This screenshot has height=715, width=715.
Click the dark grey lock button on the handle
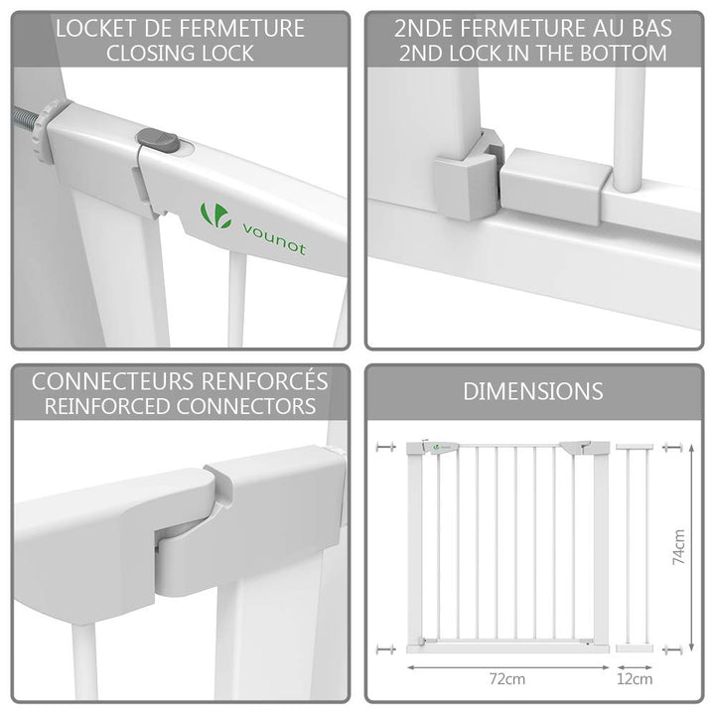[x=158, y=140]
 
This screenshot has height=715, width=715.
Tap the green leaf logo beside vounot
[x=215, y=215]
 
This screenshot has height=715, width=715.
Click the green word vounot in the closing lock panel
[x=274, y=238]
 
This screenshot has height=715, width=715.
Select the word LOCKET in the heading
[x=95, y=29]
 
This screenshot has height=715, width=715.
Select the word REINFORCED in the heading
[x=107, y=406]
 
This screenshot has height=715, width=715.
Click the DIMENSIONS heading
[x=533, y=391]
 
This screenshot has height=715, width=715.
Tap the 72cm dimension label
[x=507, y=679]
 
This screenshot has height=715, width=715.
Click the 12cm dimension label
[x=635, y=679]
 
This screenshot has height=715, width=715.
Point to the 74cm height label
[x=679, y=547]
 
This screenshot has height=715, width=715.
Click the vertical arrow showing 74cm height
[x=692, y=547]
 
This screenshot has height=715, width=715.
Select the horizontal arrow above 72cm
[x=508, y=667]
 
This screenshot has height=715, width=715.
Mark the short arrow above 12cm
[x=635, y=667]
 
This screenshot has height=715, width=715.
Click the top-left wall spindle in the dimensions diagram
[x=385, y=447]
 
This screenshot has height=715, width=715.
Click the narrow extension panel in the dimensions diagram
[x=635, y=547]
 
